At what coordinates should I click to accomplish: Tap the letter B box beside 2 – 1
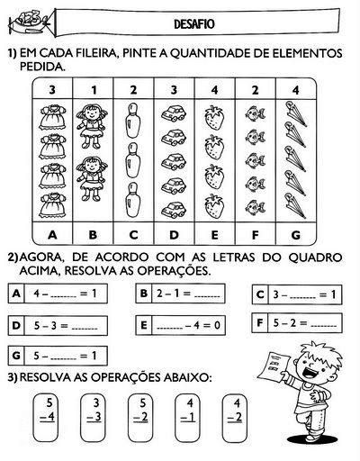click(143, 293)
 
